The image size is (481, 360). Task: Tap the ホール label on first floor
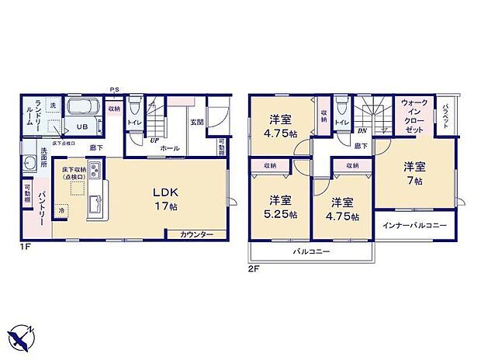(x=170, y=147)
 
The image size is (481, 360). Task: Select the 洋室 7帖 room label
(x=414, y=173)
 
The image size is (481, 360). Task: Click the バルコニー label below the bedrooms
(x=312, y=252)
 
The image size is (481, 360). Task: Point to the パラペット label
(x=447, y=116)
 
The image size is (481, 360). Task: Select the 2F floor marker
(x=254, y=268)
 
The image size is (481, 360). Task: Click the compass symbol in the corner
(x=24, y=335)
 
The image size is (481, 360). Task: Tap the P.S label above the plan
(x=114, y=89)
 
